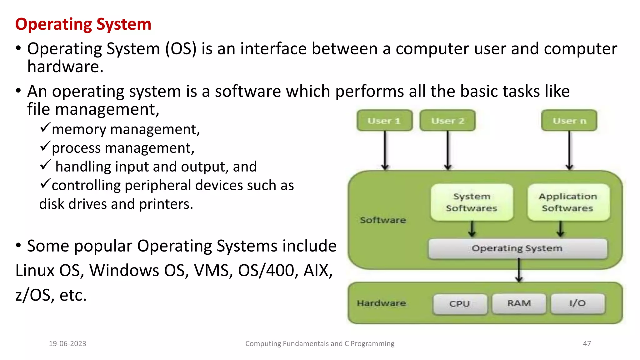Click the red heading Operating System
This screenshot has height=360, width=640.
[83, 24]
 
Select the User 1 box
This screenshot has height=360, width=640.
[384, 121]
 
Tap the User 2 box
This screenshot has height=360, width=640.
[447, 121]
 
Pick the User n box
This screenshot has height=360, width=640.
[569, 121]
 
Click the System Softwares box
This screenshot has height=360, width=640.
[472, 202]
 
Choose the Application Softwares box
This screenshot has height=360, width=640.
[568, 202]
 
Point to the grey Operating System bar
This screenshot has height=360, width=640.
[517, 248]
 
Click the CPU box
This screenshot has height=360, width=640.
[460, 303]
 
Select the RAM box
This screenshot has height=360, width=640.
[519, 303]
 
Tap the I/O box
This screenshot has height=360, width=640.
[577, 303]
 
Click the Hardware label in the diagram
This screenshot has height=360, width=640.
[381, 303]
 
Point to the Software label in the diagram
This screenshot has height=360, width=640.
[383, 220]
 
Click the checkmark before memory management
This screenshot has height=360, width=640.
[45, 127]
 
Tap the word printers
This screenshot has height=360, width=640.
[166, 204]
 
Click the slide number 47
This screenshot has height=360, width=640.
[587, 343]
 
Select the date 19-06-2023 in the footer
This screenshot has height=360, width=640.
[67, 343]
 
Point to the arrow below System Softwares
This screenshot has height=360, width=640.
[472, 229]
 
